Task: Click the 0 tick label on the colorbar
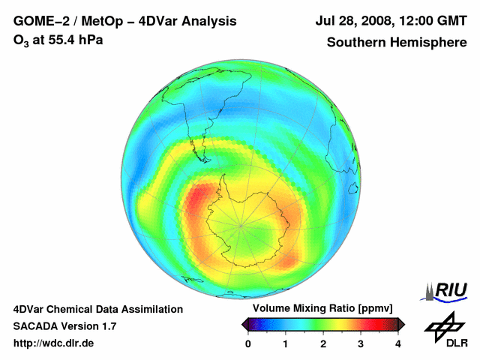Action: point(248,343)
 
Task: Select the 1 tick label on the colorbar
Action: point(286,343)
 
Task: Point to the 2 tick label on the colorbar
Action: point(323,343)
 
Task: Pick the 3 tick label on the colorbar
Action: point(361,343)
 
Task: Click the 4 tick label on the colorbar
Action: point(398,343)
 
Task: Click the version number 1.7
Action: point(108,326)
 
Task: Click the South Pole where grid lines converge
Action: point(241,223)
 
